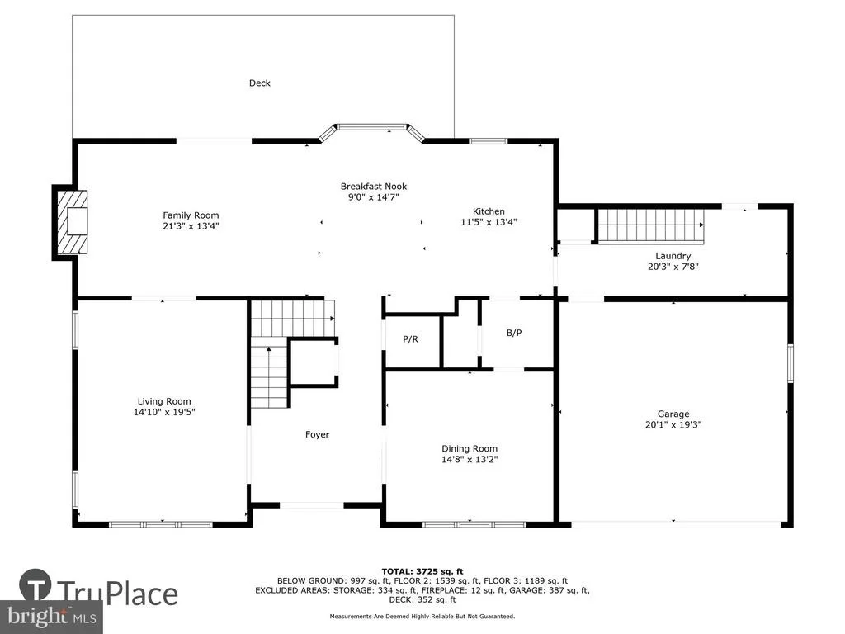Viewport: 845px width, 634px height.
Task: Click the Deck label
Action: (260, 83)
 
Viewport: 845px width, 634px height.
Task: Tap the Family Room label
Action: (191, 215)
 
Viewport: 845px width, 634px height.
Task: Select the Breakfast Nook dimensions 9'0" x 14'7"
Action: (374, 197)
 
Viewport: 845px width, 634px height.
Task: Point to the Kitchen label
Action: (489, 211)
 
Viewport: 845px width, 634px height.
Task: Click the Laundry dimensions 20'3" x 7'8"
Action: (673, 267)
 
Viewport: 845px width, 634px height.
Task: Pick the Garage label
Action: (673, 414)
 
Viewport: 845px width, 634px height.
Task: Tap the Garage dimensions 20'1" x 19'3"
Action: (673, 424)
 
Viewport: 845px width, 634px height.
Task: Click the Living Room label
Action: (164, 401)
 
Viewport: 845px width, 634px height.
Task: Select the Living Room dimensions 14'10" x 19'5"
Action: (164, 412)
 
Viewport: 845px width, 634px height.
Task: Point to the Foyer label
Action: (317, 434)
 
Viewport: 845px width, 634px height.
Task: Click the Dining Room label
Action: (470, 448)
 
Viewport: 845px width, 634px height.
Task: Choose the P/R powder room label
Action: (411, 339)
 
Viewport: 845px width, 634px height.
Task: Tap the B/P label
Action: (514, 333)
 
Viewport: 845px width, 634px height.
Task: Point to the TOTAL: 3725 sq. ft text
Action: (422, 571)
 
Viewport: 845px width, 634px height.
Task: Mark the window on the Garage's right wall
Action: (790, 363)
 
